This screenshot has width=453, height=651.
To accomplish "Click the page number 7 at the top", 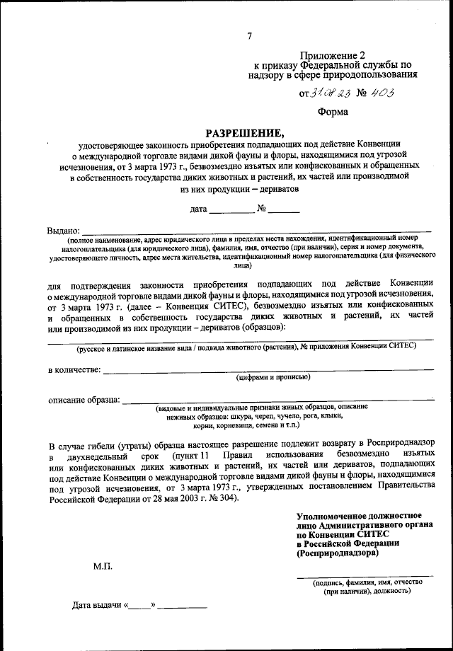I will coord(248,37).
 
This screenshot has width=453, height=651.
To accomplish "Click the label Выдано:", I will coord(64,231).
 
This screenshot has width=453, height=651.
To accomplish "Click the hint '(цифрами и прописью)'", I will coord(273,378).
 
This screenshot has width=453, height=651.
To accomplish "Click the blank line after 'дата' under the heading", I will coord(231,212).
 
